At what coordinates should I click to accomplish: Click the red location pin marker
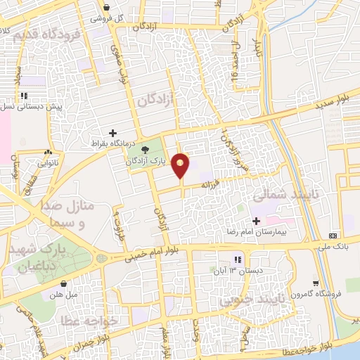(181, 165)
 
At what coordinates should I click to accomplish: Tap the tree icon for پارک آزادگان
(146, 149)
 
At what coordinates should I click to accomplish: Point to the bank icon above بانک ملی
(333, 236)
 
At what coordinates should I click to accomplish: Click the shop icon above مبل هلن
(64, 285)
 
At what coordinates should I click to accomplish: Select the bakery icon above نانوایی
(48, 153)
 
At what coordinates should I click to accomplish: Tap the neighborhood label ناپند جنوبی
(253, 301)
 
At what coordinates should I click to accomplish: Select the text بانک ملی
(333, 246)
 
